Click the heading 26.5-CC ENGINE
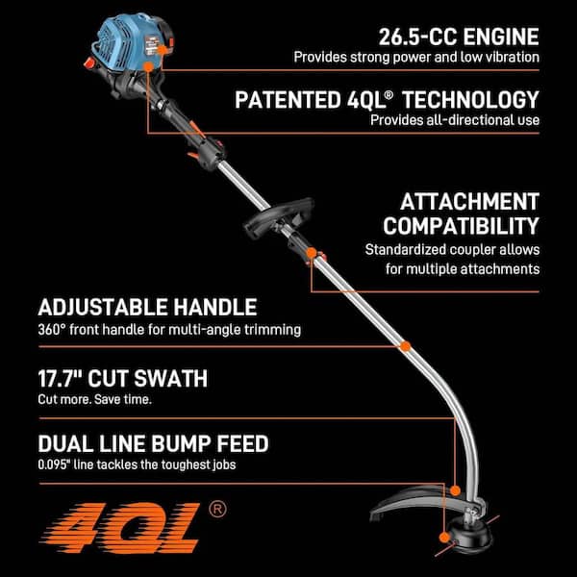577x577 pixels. click(x=459, y=38)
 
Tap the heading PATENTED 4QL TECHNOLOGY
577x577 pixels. click(x=388, y=100)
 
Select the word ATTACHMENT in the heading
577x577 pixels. click(x=469, y=202)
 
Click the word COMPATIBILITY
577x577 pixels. click(x=461, y=226)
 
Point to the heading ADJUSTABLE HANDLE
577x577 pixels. click(x=147, y=308)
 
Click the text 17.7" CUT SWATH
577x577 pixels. click(x=123, y=378)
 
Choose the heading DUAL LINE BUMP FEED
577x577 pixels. click(x=154, y=443)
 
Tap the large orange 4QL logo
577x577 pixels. click(x=120, y=528)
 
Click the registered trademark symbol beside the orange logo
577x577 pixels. click(x=217, y=510)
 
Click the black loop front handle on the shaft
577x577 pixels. click(x=279, y=218)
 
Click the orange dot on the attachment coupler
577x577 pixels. click(x=312, y=253)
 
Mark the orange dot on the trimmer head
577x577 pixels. click(x=445, y=538)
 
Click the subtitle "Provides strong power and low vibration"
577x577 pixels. click(x=416, y=58)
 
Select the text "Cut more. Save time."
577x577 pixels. click(x=95, y=399)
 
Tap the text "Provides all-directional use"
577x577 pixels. click(x=455, y=120)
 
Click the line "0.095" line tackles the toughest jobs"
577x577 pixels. click(x=137, y=464)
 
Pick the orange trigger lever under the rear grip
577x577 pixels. click(x=193, y=156)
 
